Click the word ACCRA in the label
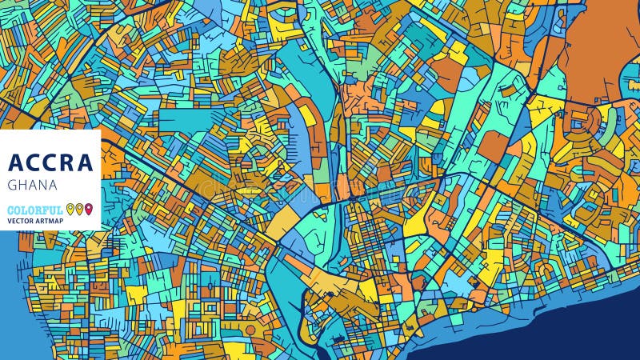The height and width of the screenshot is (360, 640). click(x=50, y=163)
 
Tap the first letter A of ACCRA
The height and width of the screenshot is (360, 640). click(x=16, y=163)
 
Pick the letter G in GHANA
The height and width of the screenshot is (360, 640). click(x=12, y=185)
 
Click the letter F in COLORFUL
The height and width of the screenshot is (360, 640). click(x=47, y=210)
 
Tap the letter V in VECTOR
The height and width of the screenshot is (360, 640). click(x=10, y=220)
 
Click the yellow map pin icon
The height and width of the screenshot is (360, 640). click(x=70, y=210)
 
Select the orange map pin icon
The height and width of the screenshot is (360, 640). click(x=79, y=210)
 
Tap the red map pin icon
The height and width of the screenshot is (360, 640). click(x=88, y=210)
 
